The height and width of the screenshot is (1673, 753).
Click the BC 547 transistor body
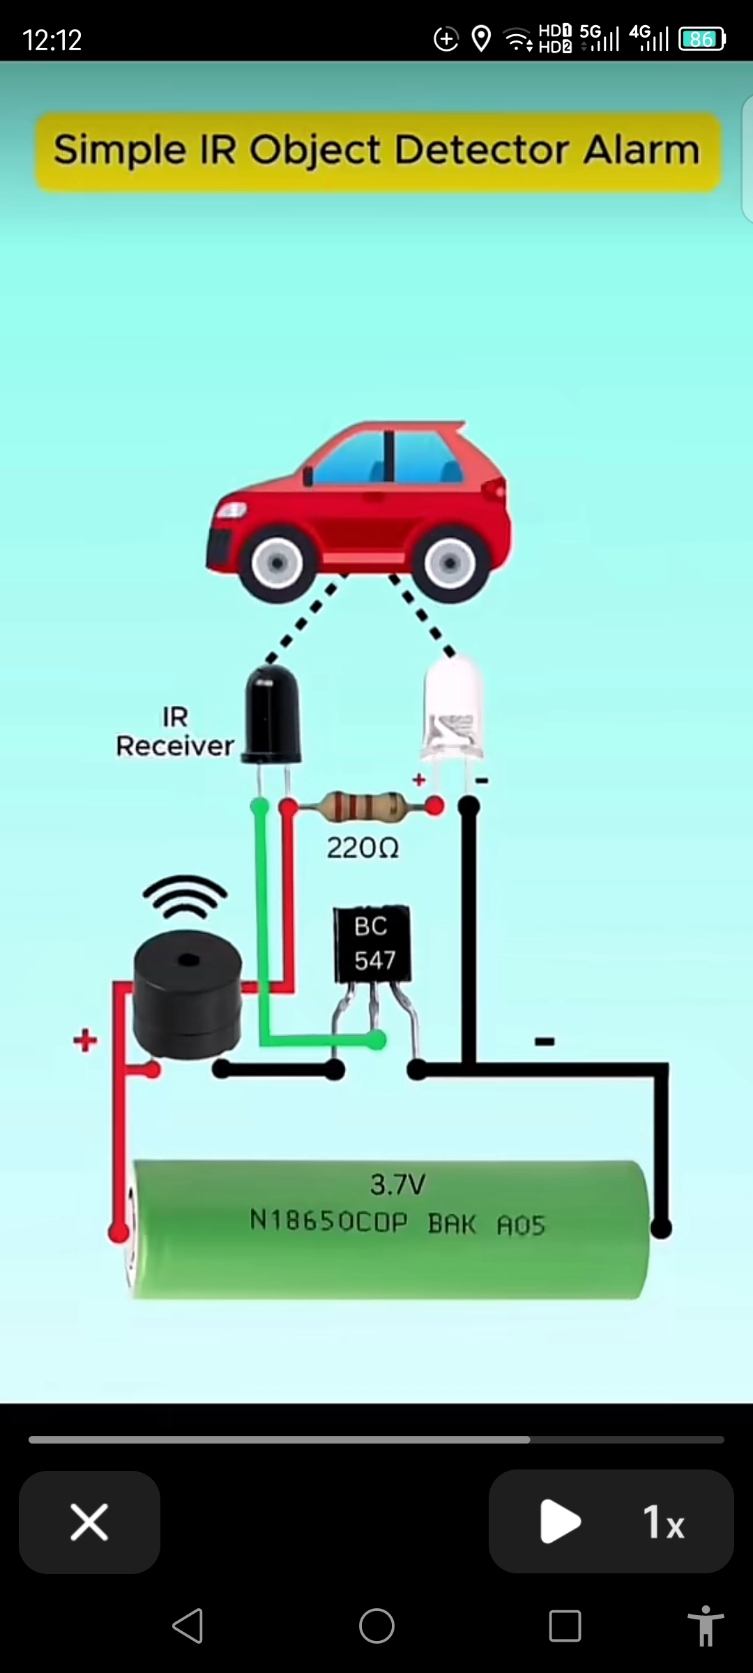(x=372, y=944)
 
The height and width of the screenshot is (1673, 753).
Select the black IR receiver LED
(x=272, y=715)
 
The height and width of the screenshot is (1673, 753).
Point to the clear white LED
(x=453, y=711)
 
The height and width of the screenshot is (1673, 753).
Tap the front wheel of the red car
(x=277, y=563)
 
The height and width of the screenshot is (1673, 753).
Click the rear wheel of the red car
(x=450, y=563)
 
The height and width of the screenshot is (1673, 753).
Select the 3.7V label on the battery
(x=397, y=1184)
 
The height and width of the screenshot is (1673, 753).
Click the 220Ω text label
(x=363, y=848)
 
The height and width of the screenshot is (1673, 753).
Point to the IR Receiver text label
(x=174, y=732)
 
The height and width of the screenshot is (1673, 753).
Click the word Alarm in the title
(x=641, y=150)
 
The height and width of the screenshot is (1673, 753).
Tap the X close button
(x=89, y=1522)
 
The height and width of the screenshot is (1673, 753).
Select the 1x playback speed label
(x=663, y=1522)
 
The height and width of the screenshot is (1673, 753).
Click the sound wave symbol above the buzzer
(x=185, y=897)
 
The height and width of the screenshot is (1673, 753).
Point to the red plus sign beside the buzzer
(x=85, y=1040)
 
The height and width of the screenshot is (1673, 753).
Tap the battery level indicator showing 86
(x=702, y=39)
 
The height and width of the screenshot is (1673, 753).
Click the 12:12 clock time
(x=52, y=40)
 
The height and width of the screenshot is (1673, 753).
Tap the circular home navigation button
(x=376, y=1626)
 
